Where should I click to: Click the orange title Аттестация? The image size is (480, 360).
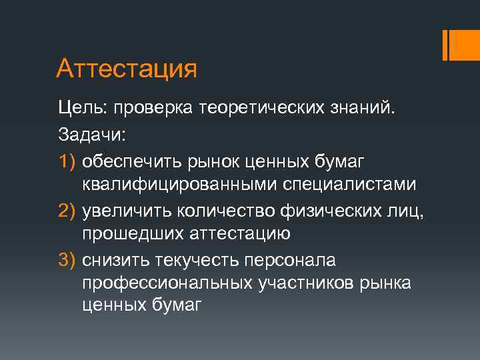tap(127, 69)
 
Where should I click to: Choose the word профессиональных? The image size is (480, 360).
tap(167, 283)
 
